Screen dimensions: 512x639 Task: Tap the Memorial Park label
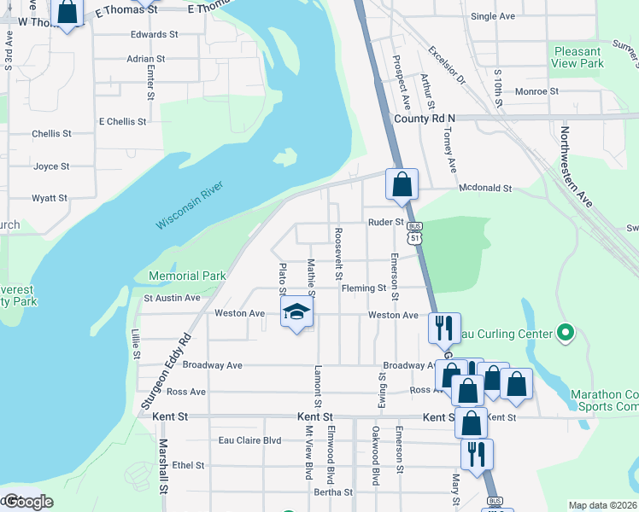[187, 276]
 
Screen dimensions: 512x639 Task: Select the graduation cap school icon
[296, 311]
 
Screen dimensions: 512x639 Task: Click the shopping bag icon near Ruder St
[402, 184]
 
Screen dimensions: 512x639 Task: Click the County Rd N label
[425, 119]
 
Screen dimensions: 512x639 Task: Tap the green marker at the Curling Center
[564, 331]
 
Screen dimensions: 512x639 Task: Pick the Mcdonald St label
[484, 188]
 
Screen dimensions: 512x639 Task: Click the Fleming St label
[364, 288]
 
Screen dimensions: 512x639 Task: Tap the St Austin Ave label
[172, 298]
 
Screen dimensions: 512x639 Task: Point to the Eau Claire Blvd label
[249, 440]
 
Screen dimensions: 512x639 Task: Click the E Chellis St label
[122, 121]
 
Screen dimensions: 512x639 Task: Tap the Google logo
[27, 502]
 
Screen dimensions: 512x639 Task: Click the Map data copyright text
[602, 505]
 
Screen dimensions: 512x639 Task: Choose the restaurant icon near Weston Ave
[443, 327]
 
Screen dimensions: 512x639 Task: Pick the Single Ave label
[493, 16]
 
